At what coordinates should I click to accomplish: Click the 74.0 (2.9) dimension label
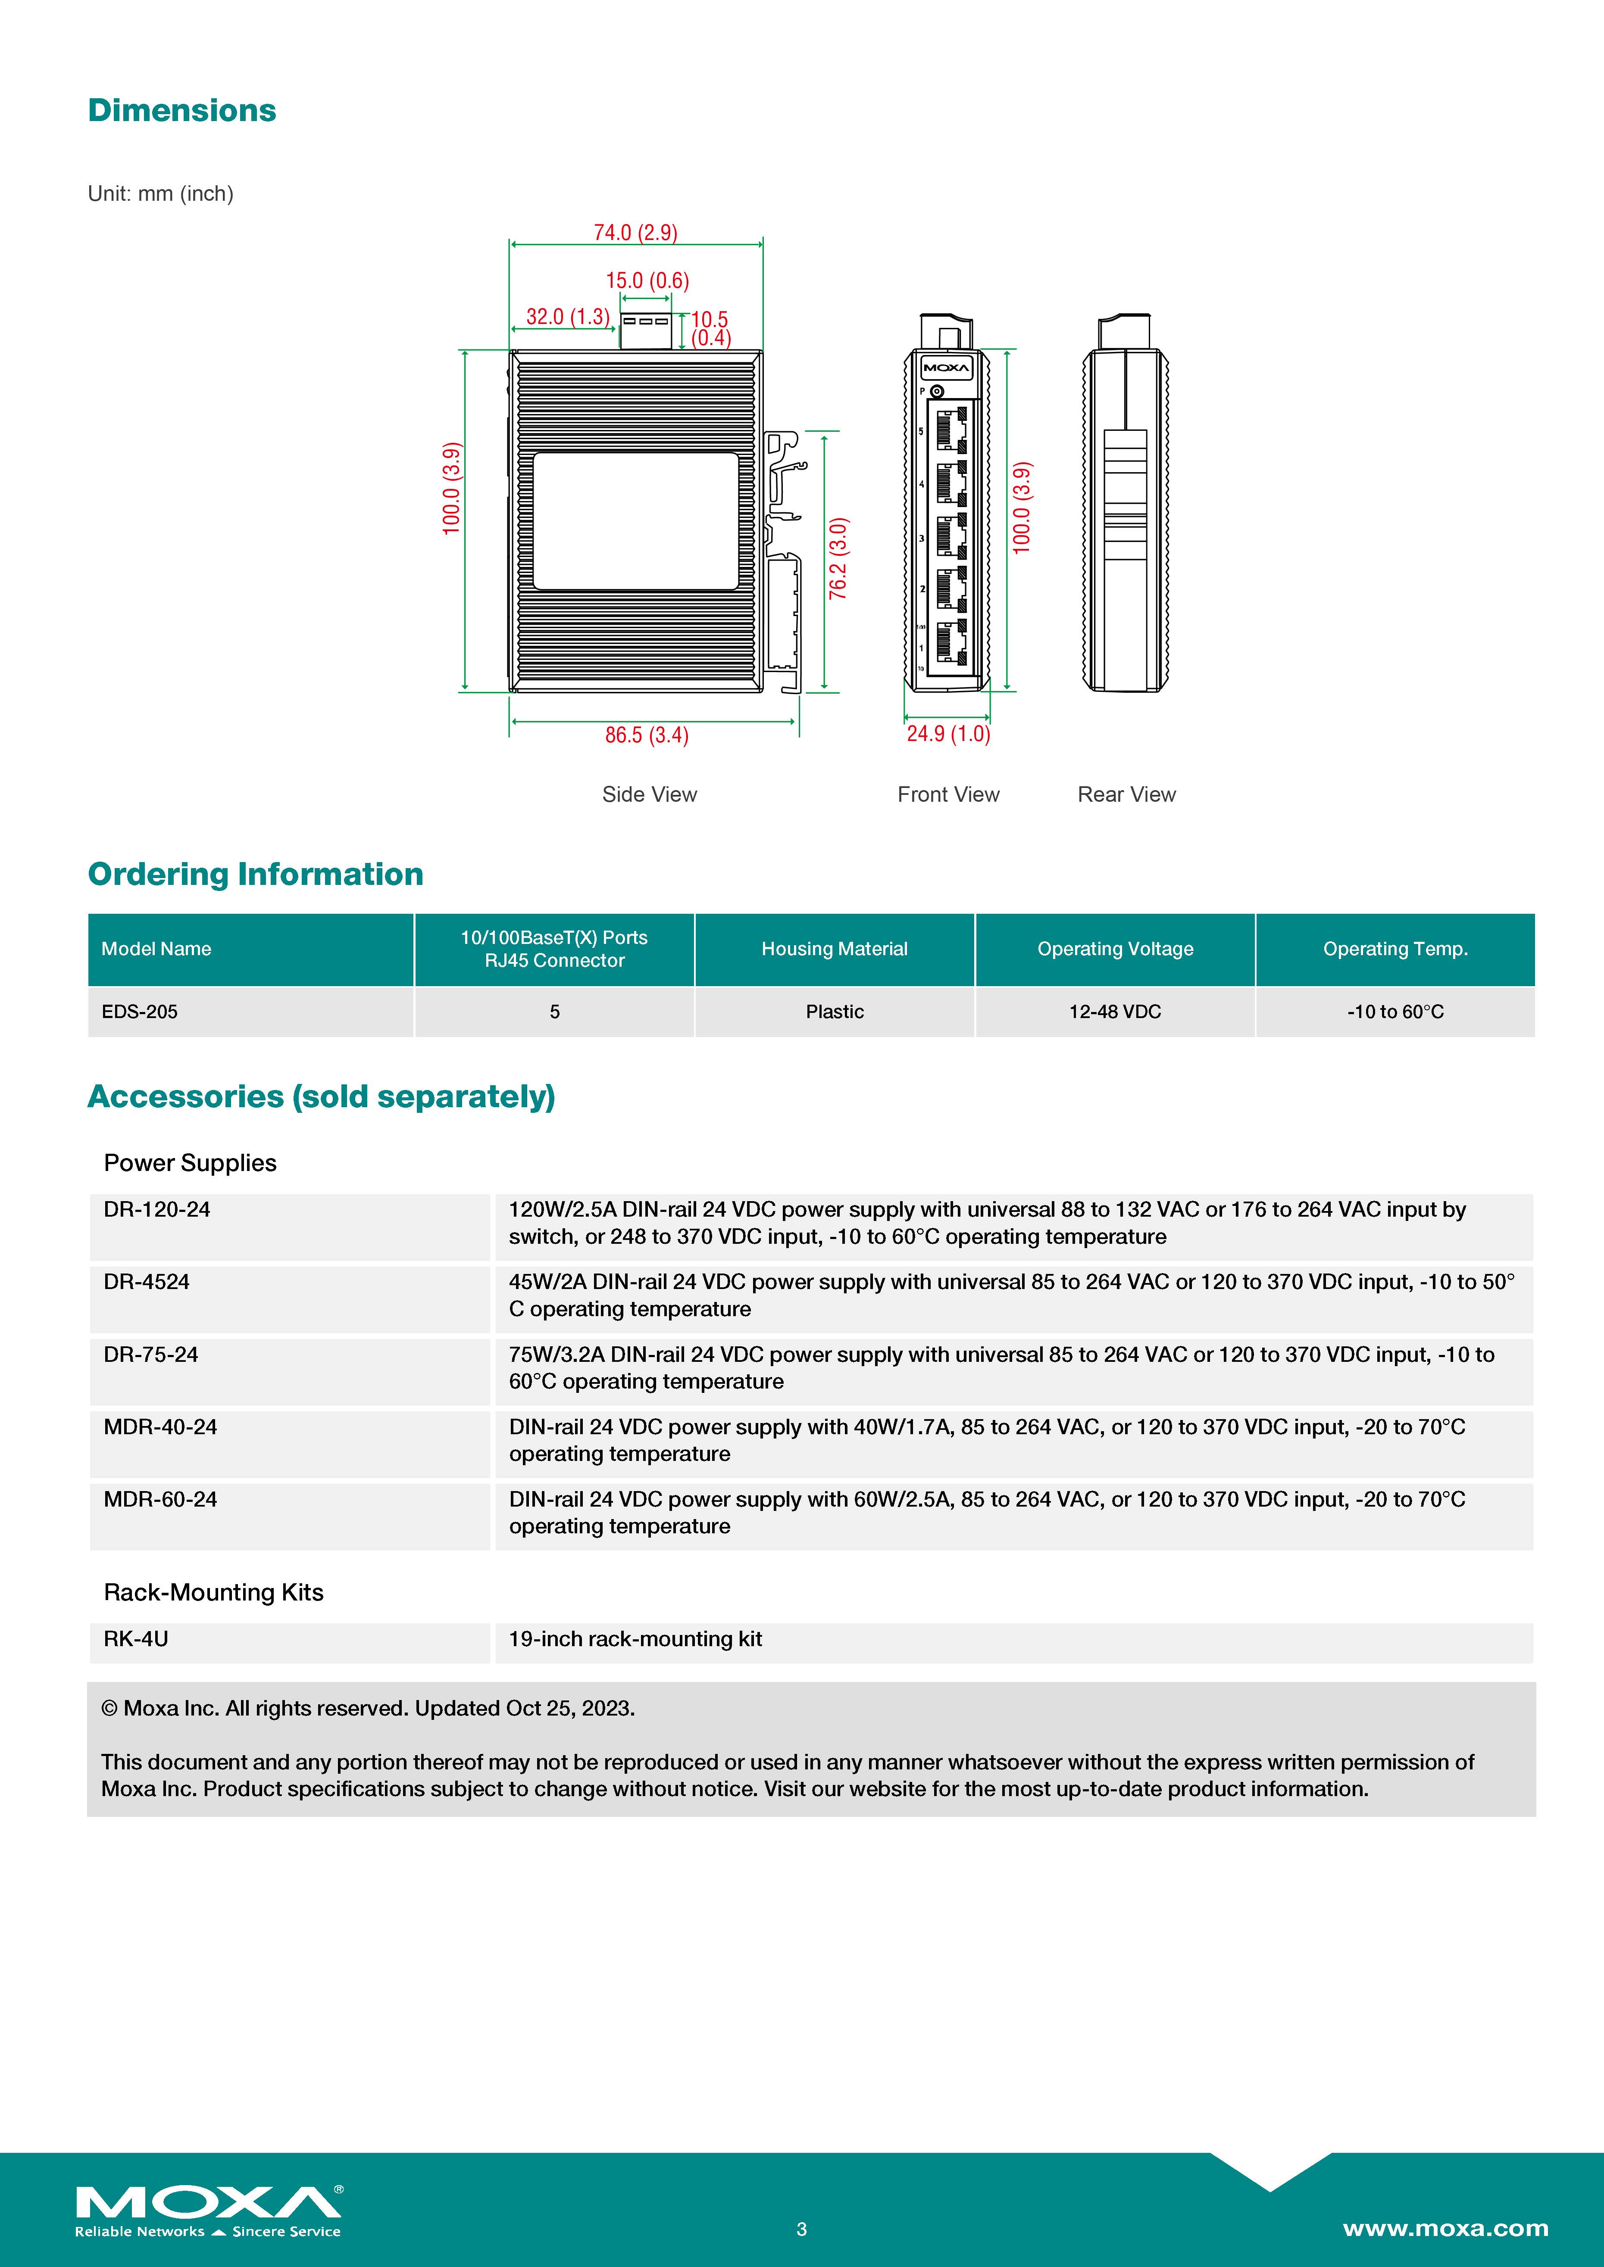point(635,233)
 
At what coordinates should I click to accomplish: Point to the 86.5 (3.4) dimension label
point(647,735)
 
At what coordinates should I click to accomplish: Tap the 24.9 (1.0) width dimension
point(948,734)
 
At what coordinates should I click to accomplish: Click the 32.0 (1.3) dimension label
point(568,317)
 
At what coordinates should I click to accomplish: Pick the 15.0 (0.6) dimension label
point(647,281)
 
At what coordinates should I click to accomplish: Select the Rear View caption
point(1126,795)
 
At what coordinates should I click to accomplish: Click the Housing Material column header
point(835,949)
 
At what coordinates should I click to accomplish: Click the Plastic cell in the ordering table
point(835,1012)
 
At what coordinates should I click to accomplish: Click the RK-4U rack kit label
point(136,1639)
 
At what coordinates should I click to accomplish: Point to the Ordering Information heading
point(256,875)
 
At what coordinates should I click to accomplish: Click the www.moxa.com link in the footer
point(1445,2229)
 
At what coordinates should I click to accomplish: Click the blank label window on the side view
point(635,521)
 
